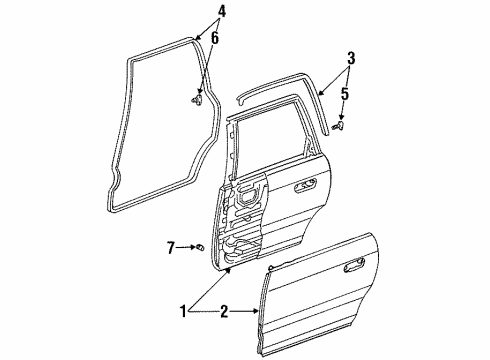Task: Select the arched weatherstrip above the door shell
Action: click(280, 91)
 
